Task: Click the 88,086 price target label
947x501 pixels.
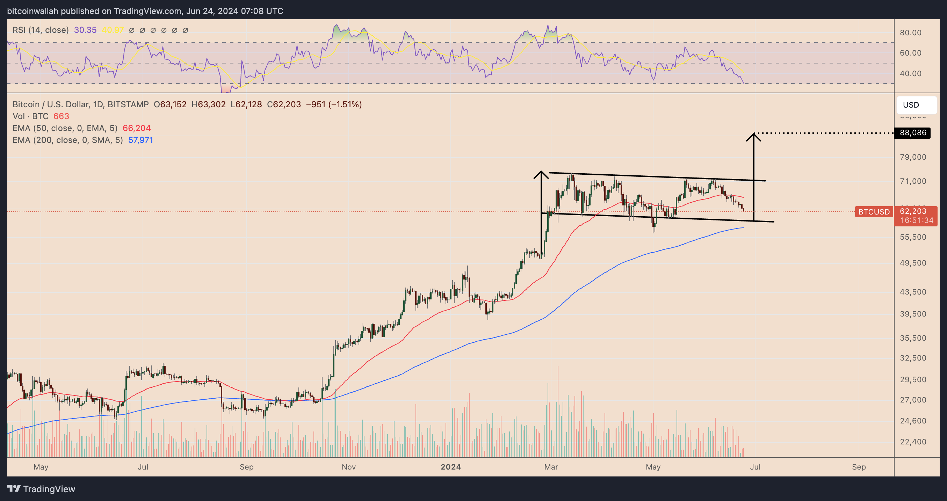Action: click(x=912, y=133)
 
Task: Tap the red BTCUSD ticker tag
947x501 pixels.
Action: click(x=874, y=212)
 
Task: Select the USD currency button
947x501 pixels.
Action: click(x=916, y=105)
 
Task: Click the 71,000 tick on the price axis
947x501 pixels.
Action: click(x=913, y=181)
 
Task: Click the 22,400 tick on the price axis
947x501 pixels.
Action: click(x=913, y=442)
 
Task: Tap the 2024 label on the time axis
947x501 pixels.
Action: click(x=451, y=467)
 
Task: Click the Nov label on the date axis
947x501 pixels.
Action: click(x=348, y=467)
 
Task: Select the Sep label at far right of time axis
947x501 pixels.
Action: click(x=859, y=467)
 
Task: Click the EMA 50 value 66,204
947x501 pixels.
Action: click(x=136, y=128)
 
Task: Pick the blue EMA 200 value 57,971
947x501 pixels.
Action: click(x=140, y=140)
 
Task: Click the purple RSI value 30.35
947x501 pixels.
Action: click(x=85, y=30)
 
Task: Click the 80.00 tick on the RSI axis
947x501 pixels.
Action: click(x=910, y=33)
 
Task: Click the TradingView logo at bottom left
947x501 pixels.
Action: click(x=41, y=489)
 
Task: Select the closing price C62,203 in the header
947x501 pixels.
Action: click(x=284, y=105)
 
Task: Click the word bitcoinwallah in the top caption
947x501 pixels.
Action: click(x=33, y=11)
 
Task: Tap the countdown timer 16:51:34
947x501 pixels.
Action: click(x=917, y=220)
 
